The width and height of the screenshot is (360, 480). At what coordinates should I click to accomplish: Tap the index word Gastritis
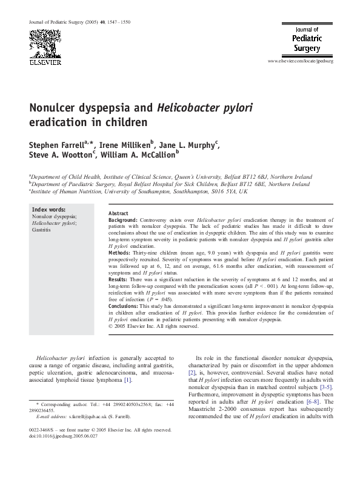[x=42, y=231]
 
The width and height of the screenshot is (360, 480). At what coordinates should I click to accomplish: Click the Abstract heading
[x=118, y=213]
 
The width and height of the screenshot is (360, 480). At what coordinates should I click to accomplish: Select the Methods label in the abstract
[x=119, y=252]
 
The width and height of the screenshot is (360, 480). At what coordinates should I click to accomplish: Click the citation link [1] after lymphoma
[x=145, y=380]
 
